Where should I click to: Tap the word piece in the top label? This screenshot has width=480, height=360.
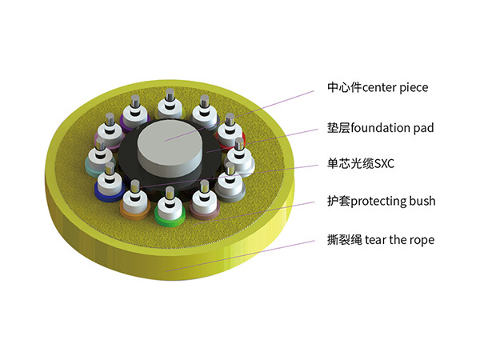tap(413, 87)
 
